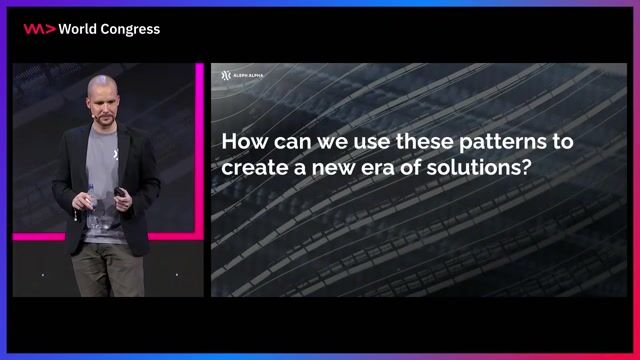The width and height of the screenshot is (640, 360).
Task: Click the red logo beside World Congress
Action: [39, 29]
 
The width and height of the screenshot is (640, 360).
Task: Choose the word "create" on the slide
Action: [248, 168]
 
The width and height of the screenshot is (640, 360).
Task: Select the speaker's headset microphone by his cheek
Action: [93, 113]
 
